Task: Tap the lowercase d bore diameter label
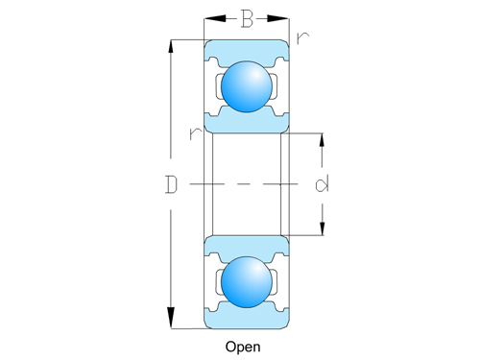(322, 182)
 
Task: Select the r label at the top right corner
(303, 39)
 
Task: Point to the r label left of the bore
(196, 133)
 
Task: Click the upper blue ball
(247, 87)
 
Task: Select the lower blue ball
(247, 281)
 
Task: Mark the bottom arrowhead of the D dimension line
(172, 322)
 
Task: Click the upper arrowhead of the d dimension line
(322, 136)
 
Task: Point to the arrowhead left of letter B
(210, 18)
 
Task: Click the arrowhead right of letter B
(283, 18)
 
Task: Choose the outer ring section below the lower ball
(247, 318)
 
